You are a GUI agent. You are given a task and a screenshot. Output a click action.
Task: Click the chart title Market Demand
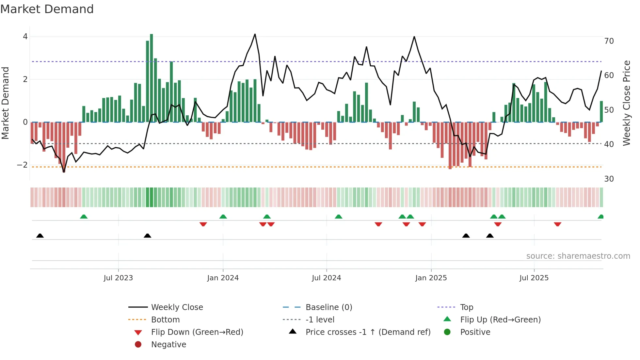[x=47, y=9]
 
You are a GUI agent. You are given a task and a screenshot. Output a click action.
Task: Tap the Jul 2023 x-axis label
[x=118, y=278]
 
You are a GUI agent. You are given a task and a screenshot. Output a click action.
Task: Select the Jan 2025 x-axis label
[x=431, y=278]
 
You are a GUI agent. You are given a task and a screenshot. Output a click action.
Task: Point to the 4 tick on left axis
[x=25, y=37]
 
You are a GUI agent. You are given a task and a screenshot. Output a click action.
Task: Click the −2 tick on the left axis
[x=23, y=165]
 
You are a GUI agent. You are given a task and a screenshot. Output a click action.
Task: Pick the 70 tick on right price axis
[x=609, y=41]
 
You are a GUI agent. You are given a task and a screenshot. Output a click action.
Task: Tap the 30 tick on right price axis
[x=609, y=179]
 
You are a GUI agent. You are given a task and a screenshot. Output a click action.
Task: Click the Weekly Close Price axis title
[x=626, y=103]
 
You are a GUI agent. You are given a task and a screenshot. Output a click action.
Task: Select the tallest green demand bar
[x=152, y=78]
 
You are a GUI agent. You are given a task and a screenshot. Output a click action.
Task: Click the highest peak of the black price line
[x=255, y=34]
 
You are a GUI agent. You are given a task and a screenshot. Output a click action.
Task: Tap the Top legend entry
[x=466, y=307]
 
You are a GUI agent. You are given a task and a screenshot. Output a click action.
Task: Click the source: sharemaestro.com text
[x=578, y=256]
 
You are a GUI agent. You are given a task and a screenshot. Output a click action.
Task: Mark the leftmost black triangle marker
[x=40, y=236]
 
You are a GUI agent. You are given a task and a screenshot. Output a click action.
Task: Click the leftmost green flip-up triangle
[x=84, y=217]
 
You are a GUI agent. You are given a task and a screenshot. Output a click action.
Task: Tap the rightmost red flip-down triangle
[x=557, y=224]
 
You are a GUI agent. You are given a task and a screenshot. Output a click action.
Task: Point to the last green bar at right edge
[x=601, y=112]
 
